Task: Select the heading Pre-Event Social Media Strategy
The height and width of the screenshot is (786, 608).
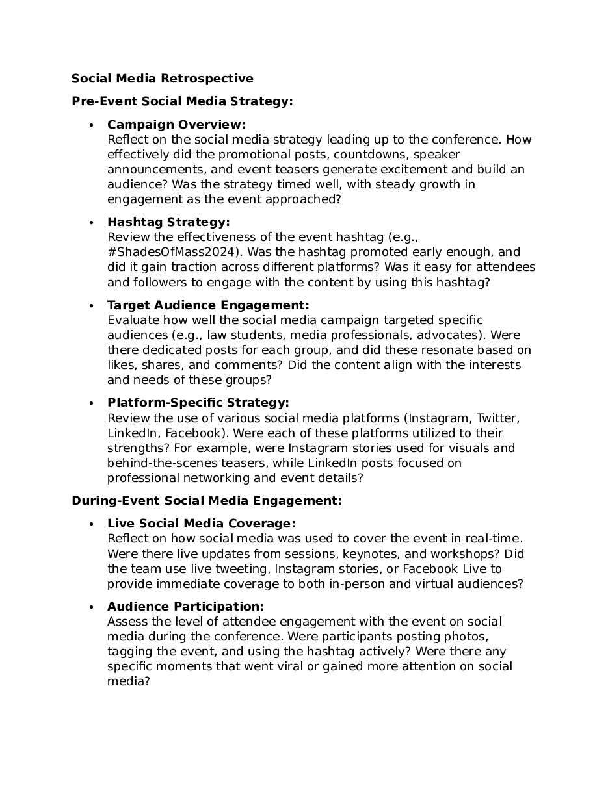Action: [x=182, y=101]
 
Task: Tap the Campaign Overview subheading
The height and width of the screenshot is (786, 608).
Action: [x=176, y=125]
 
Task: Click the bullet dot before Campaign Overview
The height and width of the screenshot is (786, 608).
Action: [x=92, y=125]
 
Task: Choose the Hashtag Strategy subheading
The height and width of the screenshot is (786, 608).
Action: [x=168, y=222]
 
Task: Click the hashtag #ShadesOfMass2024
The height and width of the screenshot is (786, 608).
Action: [x=170, y=252]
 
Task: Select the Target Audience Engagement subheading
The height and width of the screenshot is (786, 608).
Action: [x=208, y=305]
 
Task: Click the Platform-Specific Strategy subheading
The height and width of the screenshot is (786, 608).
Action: [x=198, y=403]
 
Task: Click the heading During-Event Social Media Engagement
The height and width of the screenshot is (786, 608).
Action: [x=206, y=501]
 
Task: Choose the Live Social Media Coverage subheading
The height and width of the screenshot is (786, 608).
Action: [x=202, y=524]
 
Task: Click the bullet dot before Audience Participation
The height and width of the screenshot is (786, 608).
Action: [x=92, y=607]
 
